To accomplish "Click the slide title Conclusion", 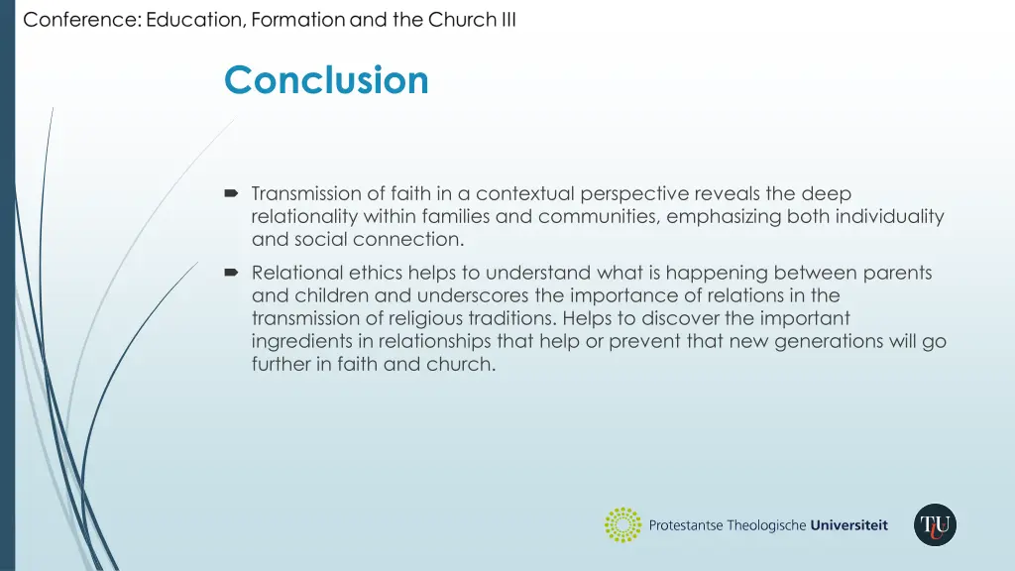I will [x=326, y=80].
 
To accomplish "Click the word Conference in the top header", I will [x=81, y=20].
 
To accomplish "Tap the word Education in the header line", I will [x=195, y=20].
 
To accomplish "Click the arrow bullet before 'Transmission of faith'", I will [x=232, y=194].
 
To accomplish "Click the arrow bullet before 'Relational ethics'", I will [x=232, y=273].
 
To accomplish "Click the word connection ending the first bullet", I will [x=416, y=239].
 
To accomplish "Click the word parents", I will [x=898, y=272].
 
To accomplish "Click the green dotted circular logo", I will [x=623, y=525].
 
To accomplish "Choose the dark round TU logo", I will [x=935, y=525].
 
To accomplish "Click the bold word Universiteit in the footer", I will [x=848, y=525].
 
